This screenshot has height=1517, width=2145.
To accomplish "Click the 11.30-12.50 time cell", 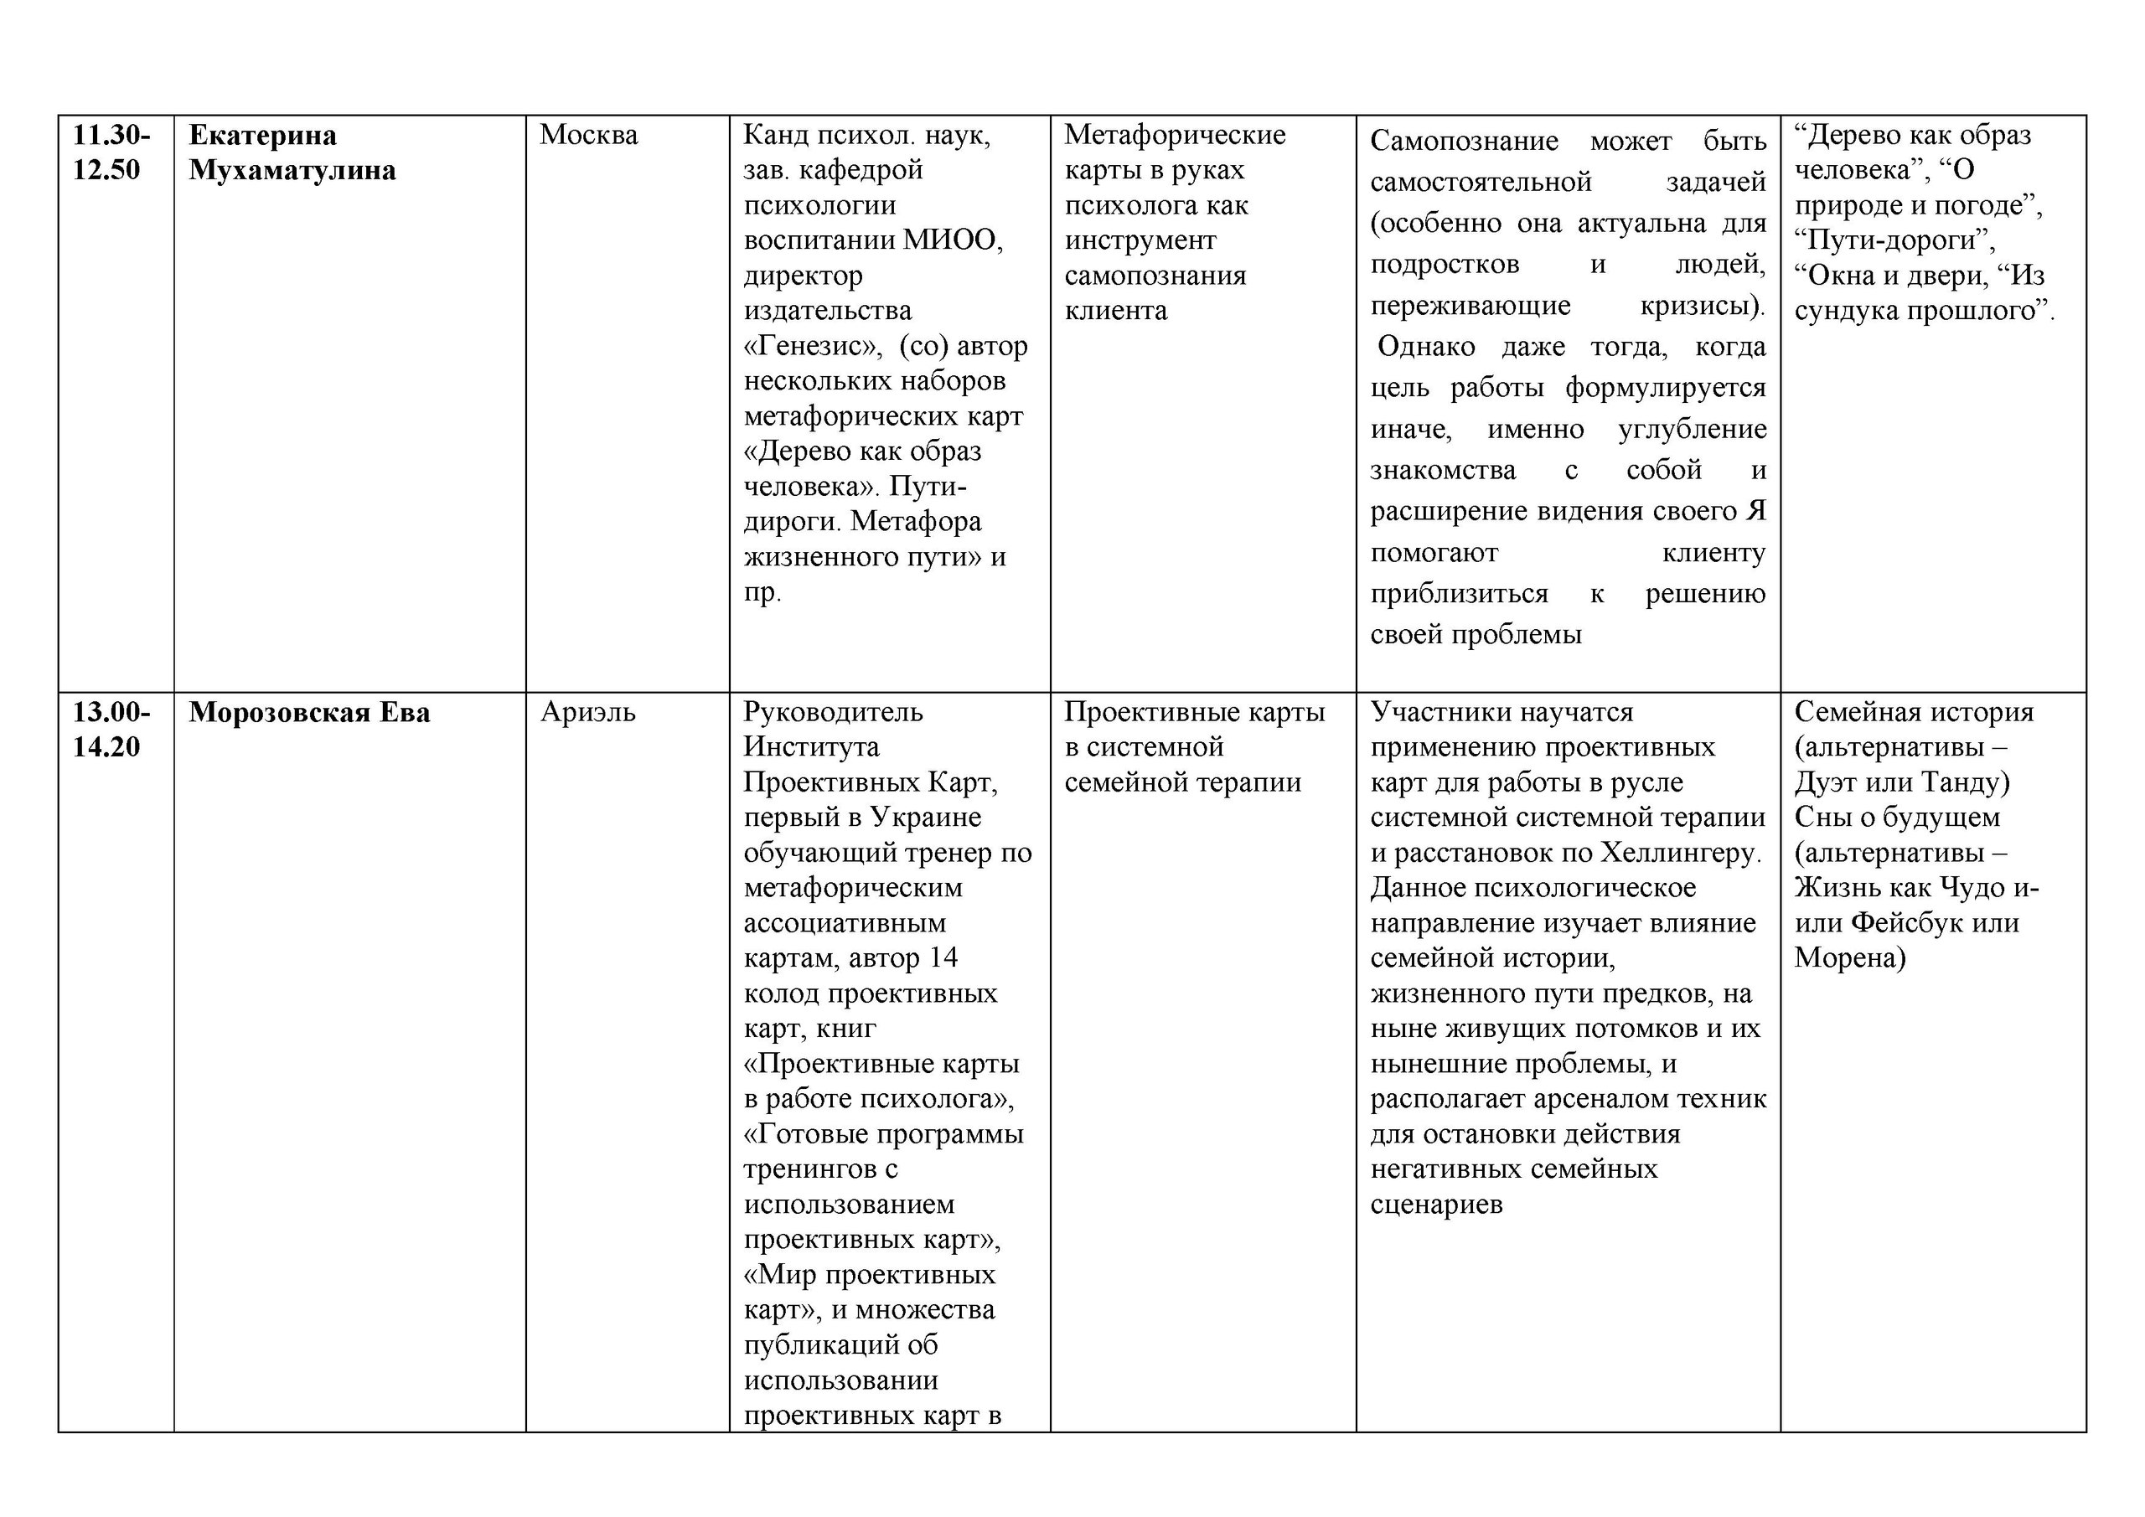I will point(111,152).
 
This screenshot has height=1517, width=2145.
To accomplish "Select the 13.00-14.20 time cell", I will point(111,730).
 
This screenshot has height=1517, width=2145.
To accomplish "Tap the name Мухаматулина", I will point(292,170).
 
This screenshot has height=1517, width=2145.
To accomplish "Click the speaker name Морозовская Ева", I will point(309,713).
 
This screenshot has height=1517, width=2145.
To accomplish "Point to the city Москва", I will point(588,136).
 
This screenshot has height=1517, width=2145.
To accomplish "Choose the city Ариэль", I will point(587,713).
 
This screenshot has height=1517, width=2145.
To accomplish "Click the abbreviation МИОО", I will point(952,240).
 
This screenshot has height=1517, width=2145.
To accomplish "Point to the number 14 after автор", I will point(943,958).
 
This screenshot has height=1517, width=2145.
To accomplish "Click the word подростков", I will point(1445,265).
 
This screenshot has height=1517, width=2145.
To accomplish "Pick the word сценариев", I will point(1436,1205).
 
